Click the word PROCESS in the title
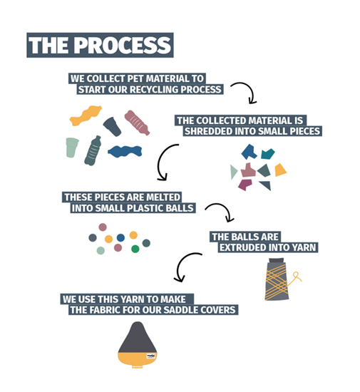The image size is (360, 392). tap(123, 45)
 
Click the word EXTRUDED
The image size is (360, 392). tap(240, 247)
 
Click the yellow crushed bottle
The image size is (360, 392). tap(86, 115)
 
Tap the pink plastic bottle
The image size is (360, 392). tap(137, 123)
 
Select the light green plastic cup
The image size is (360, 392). tap(72, 148)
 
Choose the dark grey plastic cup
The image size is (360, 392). tap(112, 126)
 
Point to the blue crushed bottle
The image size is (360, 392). tap(125, 152)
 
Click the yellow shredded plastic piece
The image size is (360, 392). tap(280, 170)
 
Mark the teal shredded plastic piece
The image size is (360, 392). tap(267, 154)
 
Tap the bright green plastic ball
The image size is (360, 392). tap(135, 249)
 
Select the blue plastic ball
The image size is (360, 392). tap(120, 237)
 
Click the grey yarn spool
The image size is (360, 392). tap(277, 279)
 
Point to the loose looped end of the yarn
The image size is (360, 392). tap(297, 276)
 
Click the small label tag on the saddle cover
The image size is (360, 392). tap(151, 356)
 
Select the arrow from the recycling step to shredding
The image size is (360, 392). tap(251, 89)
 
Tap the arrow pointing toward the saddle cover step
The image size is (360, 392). tap(178, 267)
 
